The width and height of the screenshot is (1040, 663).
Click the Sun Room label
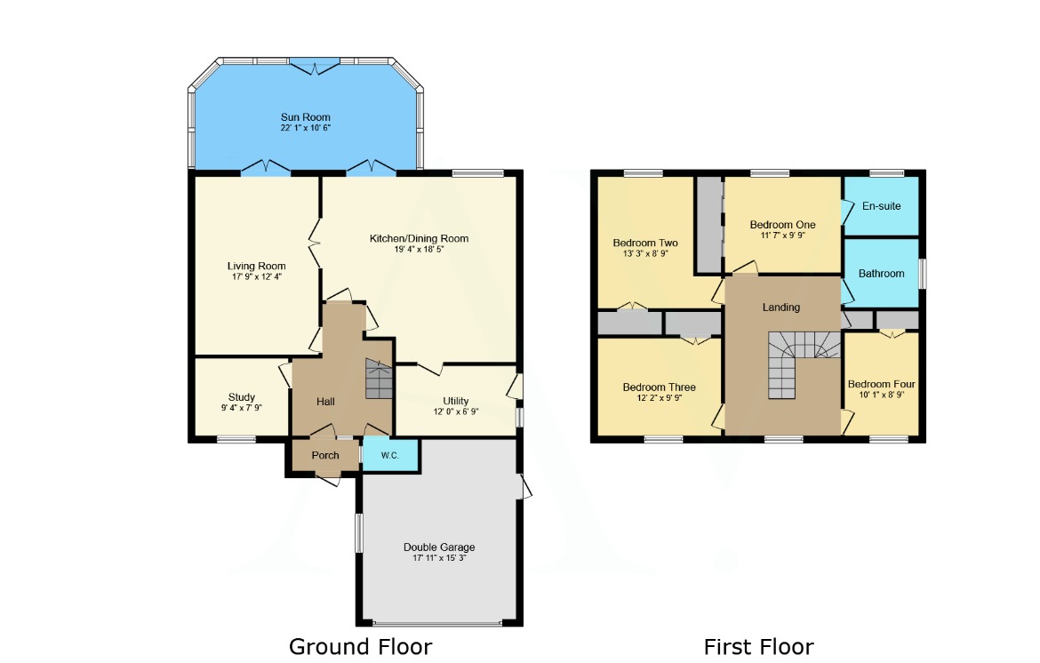[x=305, y=117]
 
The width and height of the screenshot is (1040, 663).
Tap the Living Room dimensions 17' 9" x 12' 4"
[x=256, y=277]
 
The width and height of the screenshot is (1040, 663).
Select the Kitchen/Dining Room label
[x=419, y=238]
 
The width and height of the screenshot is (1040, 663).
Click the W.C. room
[x=389, y=456]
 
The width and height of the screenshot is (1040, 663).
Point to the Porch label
[x=325, y=455]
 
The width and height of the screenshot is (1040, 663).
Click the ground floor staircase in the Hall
[x=379, y=380]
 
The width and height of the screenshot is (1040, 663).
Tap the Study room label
[x=242, y=397]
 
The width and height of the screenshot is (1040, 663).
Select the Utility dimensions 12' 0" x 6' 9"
[x=456, y=412]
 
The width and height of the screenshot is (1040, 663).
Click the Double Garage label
[x=439, y=547]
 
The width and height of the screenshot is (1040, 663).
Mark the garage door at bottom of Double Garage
[x=438, y=623]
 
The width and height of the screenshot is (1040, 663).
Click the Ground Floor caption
[x=360, y=646]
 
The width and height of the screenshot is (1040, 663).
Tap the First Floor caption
[x=758, y=646]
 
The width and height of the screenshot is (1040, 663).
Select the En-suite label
[x=881, y=206]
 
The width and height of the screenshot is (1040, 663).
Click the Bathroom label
[x=881, y=274]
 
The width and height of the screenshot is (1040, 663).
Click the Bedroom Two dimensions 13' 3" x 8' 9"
[x=645, y=253]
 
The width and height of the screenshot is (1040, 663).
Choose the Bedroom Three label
[x=659, y=387]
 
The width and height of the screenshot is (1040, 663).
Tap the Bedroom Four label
[x=881, y=384]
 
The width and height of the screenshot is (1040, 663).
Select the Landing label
[x=781, y=308]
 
